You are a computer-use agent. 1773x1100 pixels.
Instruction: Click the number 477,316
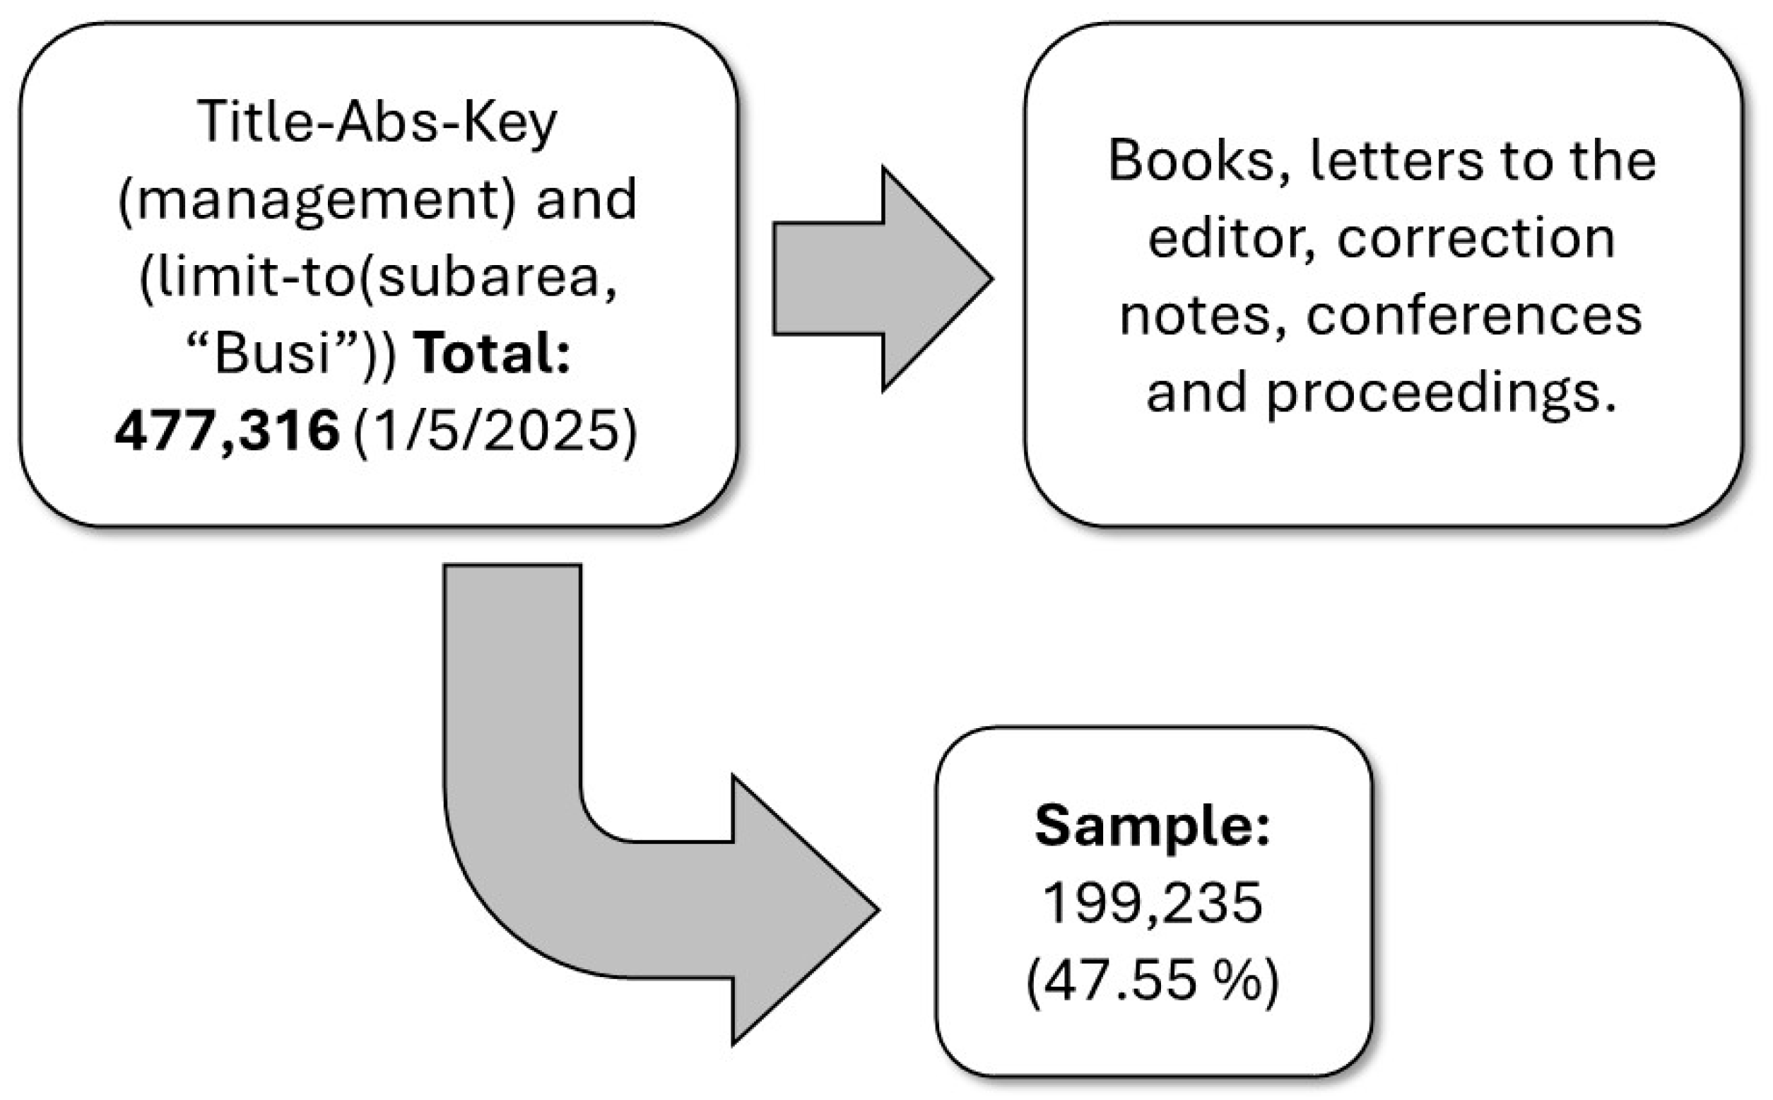pos(227,431)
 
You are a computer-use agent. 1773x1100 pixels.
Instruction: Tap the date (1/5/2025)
pos(495,431)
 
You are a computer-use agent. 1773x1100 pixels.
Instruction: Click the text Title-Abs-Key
pos(377,122)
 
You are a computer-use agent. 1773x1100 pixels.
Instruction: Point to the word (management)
pos(317,200)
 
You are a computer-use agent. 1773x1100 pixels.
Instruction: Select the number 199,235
pos(1153,903)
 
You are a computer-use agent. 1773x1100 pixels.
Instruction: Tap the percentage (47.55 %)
pos(1153,981)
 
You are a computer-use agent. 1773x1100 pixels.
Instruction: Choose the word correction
pos(1475,239)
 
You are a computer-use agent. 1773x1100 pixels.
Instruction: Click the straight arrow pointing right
pos(881,279)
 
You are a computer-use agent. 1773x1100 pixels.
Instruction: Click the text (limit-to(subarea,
pos(378,277)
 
